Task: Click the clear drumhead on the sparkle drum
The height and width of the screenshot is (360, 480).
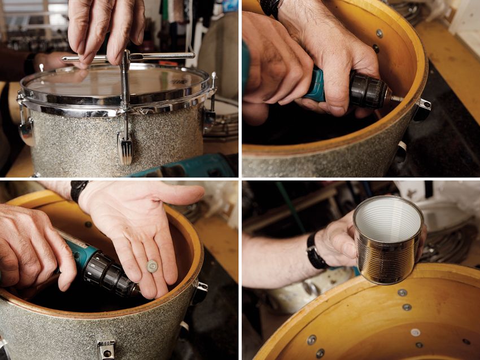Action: (113, 79)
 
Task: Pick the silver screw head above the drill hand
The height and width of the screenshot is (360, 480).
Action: (379, 33)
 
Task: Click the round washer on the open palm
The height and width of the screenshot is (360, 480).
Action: (152, 266)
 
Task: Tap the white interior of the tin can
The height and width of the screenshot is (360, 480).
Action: (388, 217)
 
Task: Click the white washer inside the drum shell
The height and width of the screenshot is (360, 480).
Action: (415, 332)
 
